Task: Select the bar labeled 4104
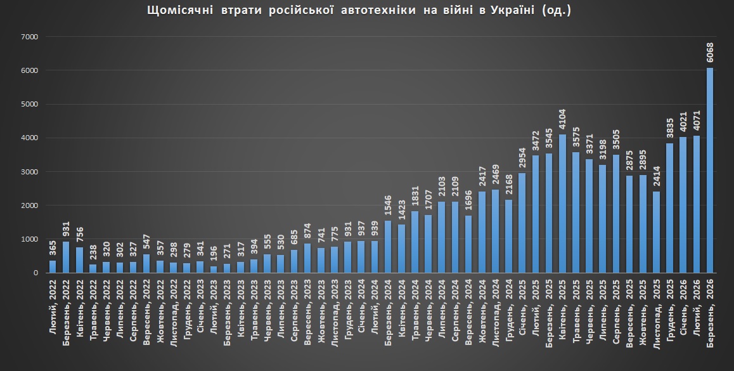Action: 562,204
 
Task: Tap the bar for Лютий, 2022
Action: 53,266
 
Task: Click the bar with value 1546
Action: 388,247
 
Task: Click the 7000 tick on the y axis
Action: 30,37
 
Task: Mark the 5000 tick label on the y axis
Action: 30,104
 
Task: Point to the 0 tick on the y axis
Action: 37,273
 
